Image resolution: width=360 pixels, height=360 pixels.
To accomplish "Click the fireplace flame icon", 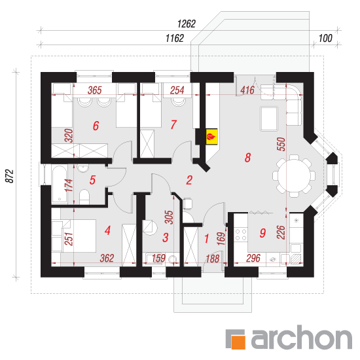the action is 211,137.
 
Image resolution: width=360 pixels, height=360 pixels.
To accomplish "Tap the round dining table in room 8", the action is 294,176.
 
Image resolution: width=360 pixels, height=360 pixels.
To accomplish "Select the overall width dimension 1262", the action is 187,24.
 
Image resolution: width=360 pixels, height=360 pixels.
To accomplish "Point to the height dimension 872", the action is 10,176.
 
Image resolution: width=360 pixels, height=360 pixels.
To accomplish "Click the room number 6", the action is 96,126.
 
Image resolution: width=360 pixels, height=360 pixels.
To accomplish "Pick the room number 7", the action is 173,124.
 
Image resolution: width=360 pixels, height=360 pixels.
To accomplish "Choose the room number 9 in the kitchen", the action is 262,233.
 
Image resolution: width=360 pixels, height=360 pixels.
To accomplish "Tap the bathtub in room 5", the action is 59,184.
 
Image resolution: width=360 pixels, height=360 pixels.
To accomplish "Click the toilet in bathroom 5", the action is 84,196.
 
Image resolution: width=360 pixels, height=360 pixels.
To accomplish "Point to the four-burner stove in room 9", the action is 241,234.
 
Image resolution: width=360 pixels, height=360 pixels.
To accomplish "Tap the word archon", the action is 302,337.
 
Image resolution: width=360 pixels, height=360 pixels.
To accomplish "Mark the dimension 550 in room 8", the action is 281,144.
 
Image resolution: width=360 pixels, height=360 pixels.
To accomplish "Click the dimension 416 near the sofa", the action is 247,90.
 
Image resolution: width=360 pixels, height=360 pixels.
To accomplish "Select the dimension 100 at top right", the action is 325,39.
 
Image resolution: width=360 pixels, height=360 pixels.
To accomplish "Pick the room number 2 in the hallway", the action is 189,180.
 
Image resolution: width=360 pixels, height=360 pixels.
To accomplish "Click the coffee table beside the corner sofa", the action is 269,118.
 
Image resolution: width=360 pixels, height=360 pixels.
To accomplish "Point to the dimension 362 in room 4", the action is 107,259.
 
